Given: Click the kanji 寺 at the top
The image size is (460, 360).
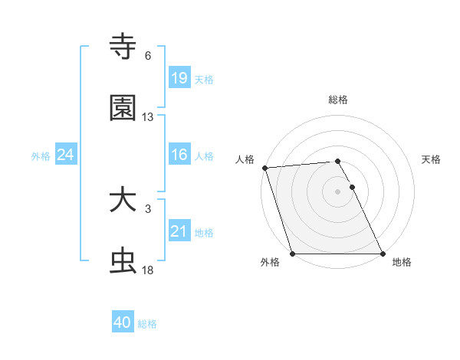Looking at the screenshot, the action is (x=123, y=47).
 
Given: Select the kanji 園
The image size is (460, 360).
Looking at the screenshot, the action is (x=123, y=108).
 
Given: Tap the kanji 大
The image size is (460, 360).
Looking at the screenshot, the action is (x=123, y=201).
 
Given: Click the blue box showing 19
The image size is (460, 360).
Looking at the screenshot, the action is (x=179, y=78).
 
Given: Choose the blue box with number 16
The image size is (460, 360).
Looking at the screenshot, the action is (x=179, y=155).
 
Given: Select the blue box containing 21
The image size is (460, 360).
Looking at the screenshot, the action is (x=179, y=231).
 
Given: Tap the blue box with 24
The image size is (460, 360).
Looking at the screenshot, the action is (x=66, y=155).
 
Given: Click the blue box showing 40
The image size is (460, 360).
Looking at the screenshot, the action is (x=123, y=323).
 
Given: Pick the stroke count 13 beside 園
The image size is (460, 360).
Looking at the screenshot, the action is (x=148, y=117).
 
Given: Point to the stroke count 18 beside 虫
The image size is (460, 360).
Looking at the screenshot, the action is (x=148, y=270).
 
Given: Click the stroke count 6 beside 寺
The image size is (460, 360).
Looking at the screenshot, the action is (x=148, y=56).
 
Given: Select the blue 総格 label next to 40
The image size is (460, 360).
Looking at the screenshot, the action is (x=147, y=324).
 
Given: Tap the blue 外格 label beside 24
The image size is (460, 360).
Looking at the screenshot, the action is (x=41, y=155).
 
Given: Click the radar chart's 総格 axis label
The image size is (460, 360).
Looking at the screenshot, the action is (x=338, y=100).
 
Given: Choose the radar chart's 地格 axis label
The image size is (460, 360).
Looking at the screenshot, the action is (x=402, y=262).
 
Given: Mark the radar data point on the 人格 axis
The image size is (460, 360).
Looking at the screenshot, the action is (x=264, y=168).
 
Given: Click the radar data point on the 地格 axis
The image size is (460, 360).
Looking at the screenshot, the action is (x=383, y=254).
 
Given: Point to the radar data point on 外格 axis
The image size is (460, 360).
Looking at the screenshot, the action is (x=292, y=254).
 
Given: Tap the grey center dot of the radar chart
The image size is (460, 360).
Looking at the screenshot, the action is (x=338, y=191).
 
